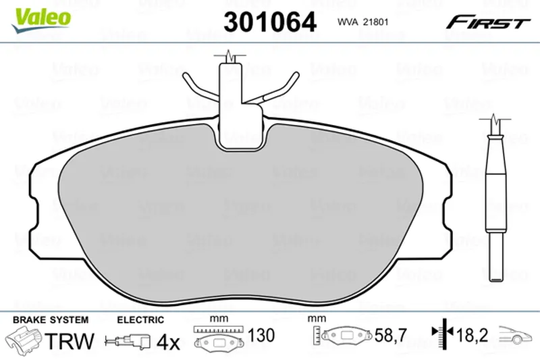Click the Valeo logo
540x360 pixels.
[41, 20]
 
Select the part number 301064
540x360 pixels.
[270, 22]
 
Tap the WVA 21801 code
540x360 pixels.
[363, 22]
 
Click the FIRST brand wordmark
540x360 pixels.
[488, 22]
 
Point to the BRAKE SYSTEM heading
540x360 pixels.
[51, 319]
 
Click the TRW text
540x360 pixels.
[70, 341]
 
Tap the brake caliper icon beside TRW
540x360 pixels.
[23, 339]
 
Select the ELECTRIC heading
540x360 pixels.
[140, 320]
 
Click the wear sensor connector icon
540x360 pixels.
[128, 341]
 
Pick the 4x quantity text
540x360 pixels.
[168, 342]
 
